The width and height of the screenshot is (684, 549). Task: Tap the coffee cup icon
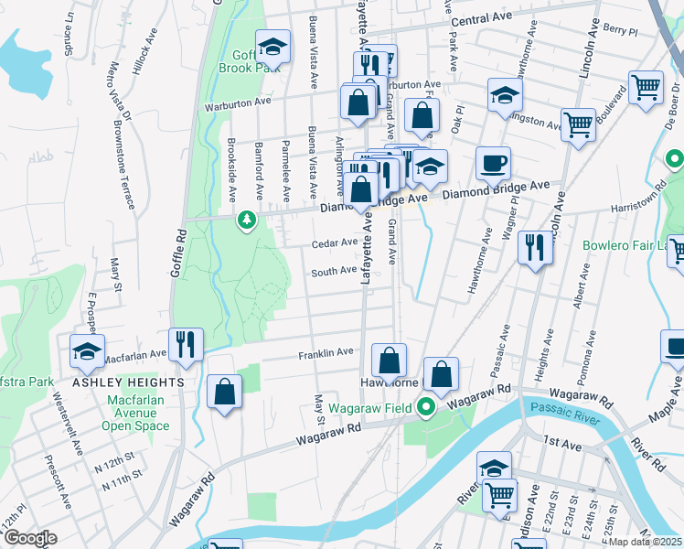coord(493,165)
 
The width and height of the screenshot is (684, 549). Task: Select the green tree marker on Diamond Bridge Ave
coord(246,220)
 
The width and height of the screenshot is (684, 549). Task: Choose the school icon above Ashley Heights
coord(87,350)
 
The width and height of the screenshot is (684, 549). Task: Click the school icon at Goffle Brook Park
coord(272,47)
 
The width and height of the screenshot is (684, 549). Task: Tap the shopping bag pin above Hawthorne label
coord(390,360)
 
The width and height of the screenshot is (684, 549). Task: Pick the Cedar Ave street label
coord(334,243)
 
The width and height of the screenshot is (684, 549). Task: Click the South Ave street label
coord(333,271)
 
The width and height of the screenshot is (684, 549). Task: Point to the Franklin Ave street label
coord(326,352)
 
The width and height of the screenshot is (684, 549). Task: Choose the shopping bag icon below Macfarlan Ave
coord(224,393)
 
